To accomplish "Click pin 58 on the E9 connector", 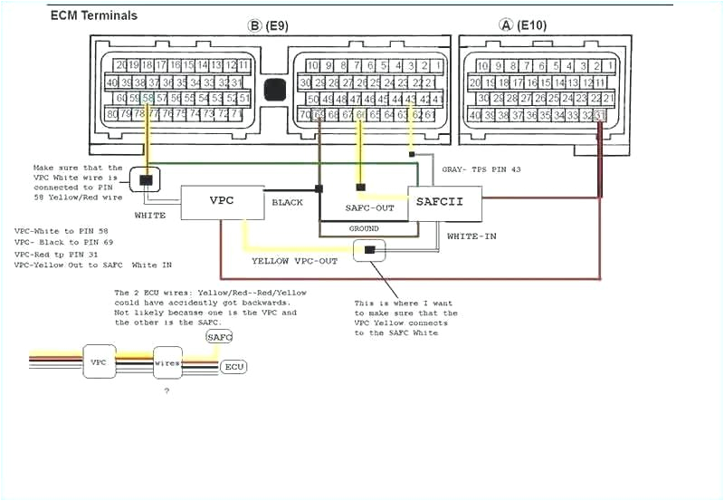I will [x=148, y=98].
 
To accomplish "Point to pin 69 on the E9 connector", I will [x=319, y=115].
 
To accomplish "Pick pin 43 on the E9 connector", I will [x=411, y=99].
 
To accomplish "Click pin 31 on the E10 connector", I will [x=599, y=115].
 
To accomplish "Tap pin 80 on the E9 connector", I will [x=112, y=114].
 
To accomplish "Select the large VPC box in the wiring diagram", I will [x=222, y=201].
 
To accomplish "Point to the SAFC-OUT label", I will [x=370, y=208].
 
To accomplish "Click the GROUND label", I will [x=364, y=228].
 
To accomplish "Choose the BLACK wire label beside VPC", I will [x=288, y=202].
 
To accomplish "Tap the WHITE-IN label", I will [x=472, y=236].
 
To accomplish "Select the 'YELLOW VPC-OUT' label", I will [x=294, y=261].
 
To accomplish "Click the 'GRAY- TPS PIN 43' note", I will [x=481, y=169].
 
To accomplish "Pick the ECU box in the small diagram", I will [x=234, y=367].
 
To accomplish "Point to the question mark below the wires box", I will [x=166, y=390].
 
